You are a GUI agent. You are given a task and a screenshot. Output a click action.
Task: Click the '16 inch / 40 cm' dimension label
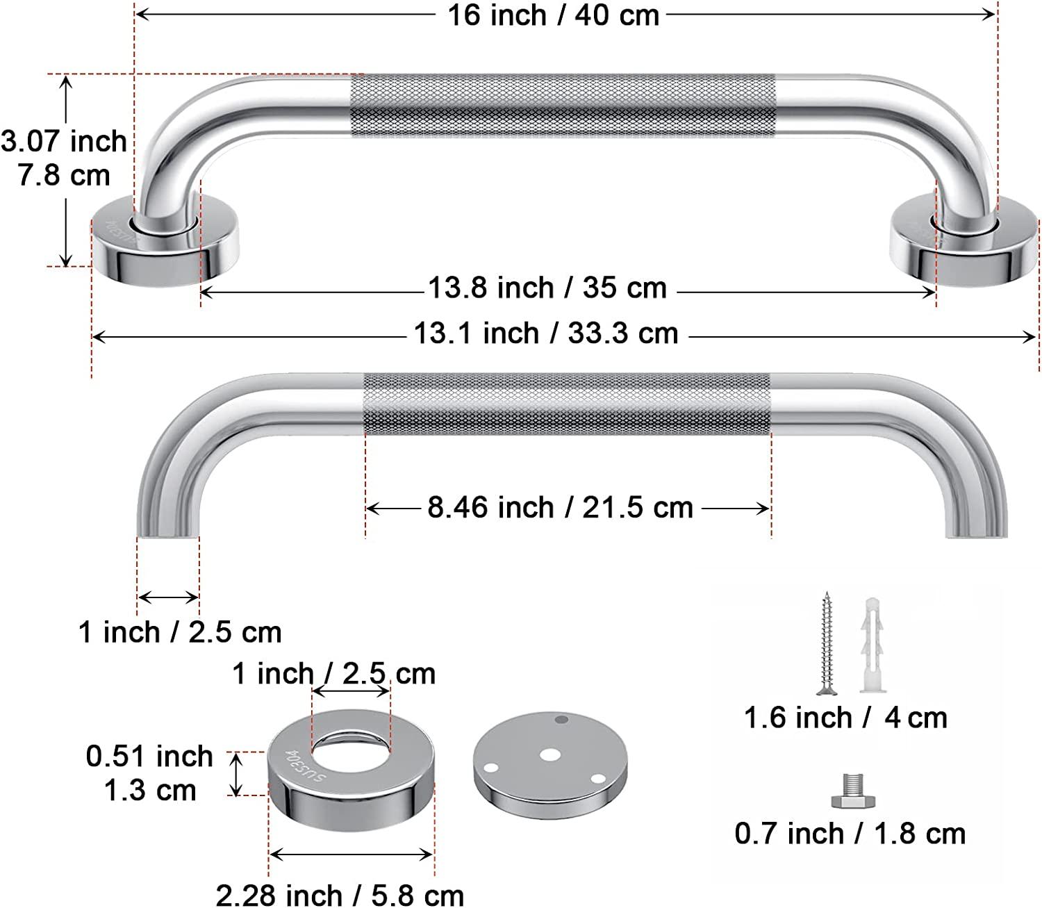[x=553, y=15]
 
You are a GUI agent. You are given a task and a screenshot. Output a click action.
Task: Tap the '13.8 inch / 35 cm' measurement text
[x=547, y=288]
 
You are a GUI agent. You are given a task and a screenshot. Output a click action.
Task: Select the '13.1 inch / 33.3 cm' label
[x=546, y=333]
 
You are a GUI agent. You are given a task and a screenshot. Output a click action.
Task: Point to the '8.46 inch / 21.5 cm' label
[x=560, y=508]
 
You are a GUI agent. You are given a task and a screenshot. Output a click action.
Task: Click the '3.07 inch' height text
[x=64, y=142]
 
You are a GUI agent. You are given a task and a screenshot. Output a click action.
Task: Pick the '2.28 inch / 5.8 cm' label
[x=340, y=895]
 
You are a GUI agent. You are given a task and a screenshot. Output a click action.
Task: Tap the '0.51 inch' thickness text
[x=149, y=757]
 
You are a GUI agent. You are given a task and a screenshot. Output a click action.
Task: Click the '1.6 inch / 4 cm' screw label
[x=845, y=718]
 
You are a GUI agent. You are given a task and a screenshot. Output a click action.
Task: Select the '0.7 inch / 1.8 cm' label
[x=850, y=834]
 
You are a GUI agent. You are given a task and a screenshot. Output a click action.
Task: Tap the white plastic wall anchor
[x=873, y=643]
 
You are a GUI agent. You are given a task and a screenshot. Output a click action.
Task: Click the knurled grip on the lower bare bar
[x=567, y=403]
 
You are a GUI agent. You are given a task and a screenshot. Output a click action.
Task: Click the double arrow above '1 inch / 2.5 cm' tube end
[x=168, y=597]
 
